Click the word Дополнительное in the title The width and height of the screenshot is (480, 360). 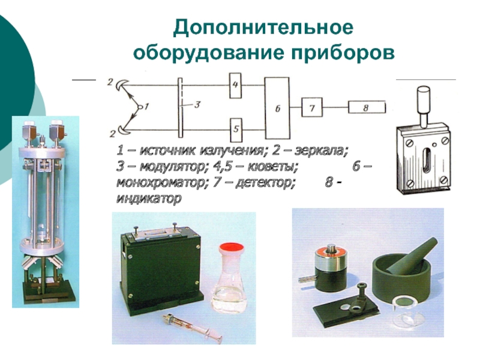pos(263,28)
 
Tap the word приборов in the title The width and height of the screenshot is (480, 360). pos(343,53)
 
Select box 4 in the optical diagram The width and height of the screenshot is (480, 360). pos(235,85)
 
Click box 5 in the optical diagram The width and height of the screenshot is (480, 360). pos(236,130)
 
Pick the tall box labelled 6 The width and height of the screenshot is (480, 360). pos(277,109)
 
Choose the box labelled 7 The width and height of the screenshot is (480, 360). pos(312,107)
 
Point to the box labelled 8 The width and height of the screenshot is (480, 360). pos(367,108)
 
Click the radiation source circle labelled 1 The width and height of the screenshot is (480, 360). pos(140,107)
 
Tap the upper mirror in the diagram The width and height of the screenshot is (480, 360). pos(122,85)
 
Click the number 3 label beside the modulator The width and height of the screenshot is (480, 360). pos(197,104)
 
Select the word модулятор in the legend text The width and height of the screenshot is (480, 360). pos(172,167)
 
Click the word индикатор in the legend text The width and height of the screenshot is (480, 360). pos(149,199)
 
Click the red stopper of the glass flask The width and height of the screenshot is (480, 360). pos(232,247)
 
